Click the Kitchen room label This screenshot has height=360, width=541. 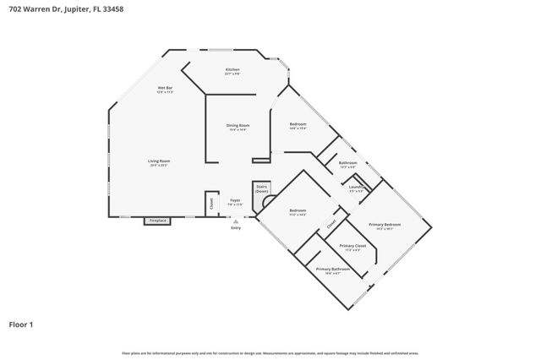point(232,69)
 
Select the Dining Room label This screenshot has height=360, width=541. point(238,125)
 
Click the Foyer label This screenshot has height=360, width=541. point(235,200)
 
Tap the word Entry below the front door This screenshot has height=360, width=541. point(236,228)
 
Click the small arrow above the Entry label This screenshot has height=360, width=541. point(236,221)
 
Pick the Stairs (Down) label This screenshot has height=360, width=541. point(262,188)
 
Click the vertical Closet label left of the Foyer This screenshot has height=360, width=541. point(211,203)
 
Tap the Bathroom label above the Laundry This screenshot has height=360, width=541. point(347,162)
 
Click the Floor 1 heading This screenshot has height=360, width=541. point(21,324)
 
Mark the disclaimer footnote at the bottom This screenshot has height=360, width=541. point(270,352)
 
